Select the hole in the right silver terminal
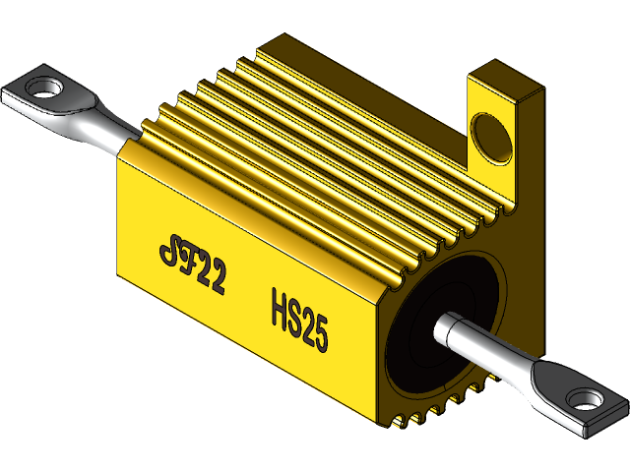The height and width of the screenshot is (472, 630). [x=587, y=400]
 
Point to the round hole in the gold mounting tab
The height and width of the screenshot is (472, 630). [x=490, y=137]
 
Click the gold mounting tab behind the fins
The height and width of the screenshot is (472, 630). [x=502, y=138]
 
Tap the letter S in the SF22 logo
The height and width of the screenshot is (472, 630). [x=168, y=252]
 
